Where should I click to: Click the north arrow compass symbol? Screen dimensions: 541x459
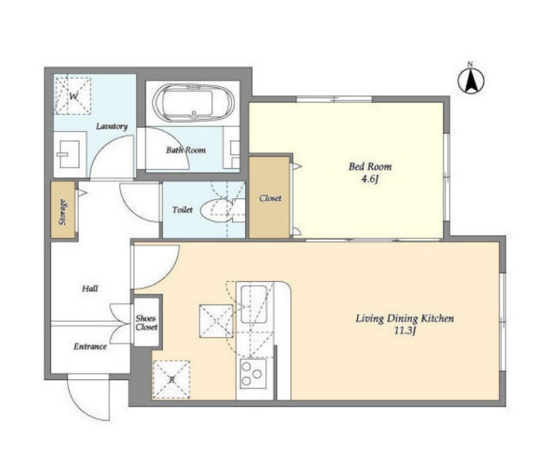coord(471,80)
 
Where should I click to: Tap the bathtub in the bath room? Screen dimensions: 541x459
coord(193,103)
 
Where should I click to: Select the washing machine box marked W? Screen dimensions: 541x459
coord(73,96)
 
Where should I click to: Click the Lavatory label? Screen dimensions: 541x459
coord(112,126)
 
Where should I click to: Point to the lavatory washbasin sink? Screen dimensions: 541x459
coord(69,154)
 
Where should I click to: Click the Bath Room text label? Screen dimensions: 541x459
coord(186,150)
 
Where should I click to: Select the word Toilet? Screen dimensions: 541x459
coord(183,209)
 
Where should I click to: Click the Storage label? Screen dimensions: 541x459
coord(63,212)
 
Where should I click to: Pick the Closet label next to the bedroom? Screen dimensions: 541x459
coord(270,198)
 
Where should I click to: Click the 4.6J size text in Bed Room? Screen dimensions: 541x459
coord(370,179)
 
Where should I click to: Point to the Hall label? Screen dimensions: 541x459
coord(90,288)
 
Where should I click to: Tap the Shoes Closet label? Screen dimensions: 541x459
coord(146,323)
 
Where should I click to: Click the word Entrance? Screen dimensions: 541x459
coord(90,347)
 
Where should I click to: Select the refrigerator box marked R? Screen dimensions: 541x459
coord(172,379)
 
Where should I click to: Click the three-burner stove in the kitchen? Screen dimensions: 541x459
coord(254,374)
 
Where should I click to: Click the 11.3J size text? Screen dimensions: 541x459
coord(405,331)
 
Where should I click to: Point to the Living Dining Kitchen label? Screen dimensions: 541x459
coord(405,318)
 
